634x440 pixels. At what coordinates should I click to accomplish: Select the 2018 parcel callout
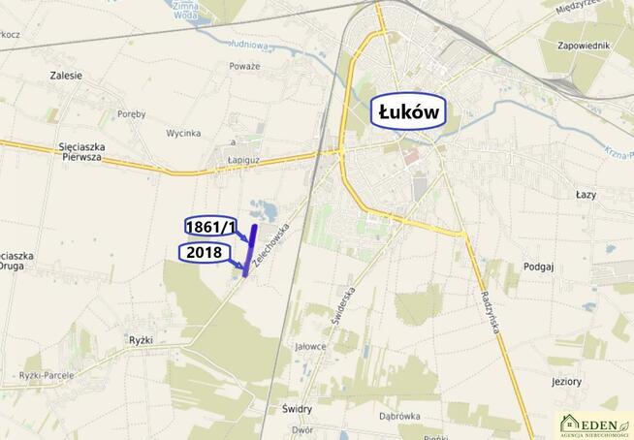point(205,253)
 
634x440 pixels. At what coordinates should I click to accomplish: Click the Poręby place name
point(131,113)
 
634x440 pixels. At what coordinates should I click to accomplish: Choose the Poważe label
point(245,66)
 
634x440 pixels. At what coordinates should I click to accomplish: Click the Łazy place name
point(586,194)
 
